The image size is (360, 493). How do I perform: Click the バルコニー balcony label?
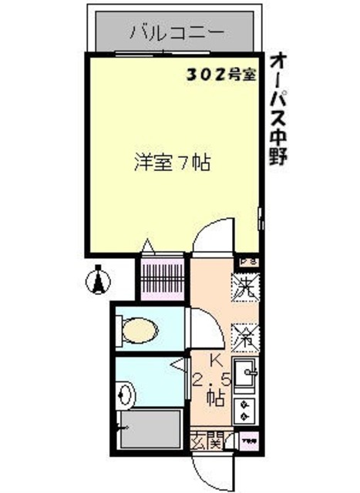pos(177,32)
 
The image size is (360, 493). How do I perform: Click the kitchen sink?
pos(247,375)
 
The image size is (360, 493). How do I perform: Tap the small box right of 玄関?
pos(249,443)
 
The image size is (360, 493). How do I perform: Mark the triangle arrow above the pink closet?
pos(150,248)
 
